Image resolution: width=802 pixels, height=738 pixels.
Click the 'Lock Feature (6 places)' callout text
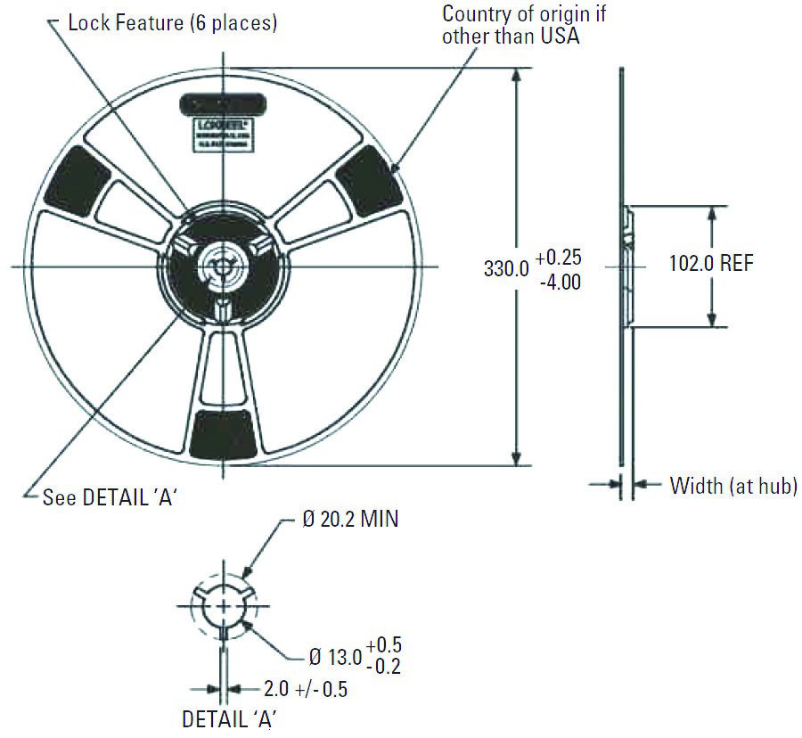[x=173, y=23]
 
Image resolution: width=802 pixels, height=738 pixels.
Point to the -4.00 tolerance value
[x=561, y=283]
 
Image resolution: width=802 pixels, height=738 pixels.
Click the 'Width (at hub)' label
[x=732, y=485]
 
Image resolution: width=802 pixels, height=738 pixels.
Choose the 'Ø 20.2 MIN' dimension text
[x=349, y=520]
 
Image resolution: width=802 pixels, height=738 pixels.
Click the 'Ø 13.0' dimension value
[x=334, y=657]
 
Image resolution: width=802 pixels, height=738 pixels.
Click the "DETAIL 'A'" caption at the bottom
[x=234, y=718]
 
